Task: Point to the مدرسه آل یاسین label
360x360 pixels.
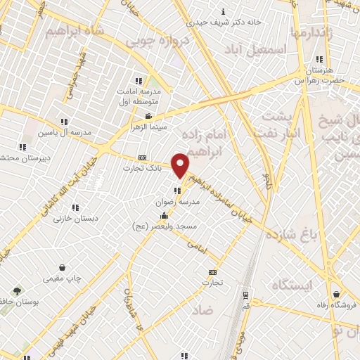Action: pyautogui.click(x=63, y=132)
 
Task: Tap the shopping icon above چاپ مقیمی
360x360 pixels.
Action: pyautogui.click(x=64, y=267)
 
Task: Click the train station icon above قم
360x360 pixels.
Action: pyautogui.click(x=245, y=295)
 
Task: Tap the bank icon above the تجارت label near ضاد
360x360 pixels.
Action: pyautogui.click(x=212, y=272)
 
